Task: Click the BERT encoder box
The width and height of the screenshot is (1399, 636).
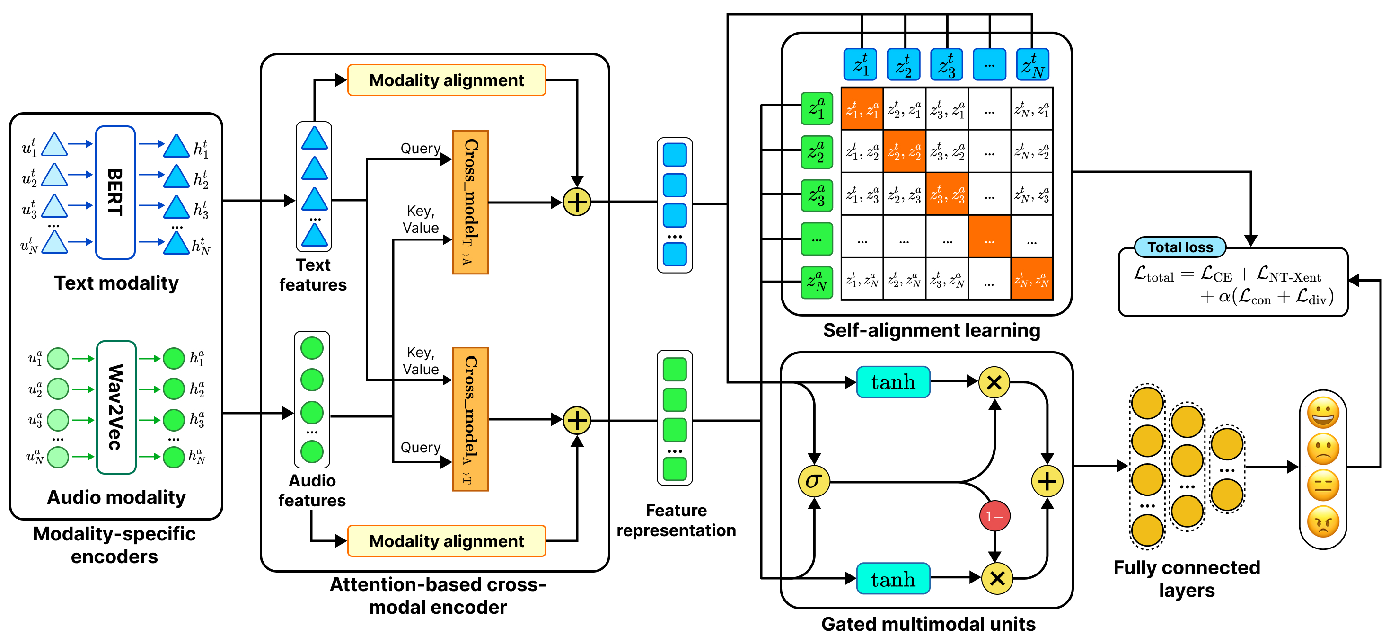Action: (115, 192)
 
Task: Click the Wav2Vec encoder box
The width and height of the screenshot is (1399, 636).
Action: (116, 407)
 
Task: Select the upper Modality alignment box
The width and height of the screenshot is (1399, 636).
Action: (447, 80)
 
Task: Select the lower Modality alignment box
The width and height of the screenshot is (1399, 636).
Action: (447, 541)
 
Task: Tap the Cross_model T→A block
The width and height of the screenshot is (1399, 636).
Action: (470, 202)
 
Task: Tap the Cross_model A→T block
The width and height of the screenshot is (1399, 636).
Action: (470, 419)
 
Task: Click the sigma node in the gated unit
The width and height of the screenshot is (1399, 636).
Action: (814, 481)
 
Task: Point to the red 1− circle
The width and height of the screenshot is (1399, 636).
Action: (994, 516)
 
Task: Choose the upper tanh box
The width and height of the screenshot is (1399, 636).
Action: (893, 382)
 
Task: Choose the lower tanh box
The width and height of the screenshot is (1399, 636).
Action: (893, 579)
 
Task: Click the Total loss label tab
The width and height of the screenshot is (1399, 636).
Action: (1180, 247)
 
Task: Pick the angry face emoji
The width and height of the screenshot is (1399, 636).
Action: (1323, 522)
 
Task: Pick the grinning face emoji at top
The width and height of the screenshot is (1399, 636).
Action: (1323, 413)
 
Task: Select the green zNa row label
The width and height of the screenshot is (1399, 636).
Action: (816, 283)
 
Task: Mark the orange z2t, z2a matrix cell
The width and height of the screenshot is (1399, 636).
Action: (904, 151)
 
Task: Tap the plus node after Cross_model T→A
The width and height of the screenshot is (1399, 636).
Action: (577, 202)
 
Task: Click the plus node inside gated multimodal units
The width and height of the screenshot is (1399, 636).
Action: (1047, 481)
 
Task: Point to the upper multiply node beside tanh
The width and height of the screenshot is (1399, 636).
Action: (994, 382)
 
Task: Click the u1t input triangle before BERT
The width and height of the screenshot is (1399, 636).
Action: (54, 145)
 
